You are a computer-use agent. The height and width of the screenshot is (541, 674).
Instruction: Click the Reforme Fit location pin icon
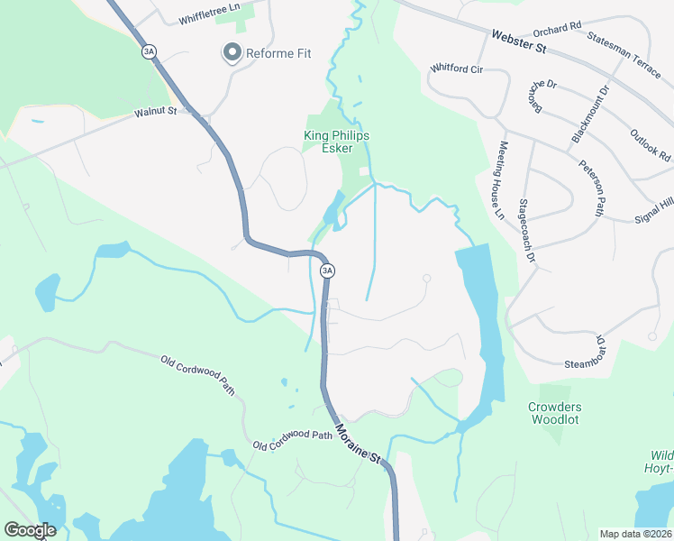[232, 54]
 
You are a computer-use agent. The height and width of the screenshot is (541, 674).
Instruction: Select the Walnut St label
[156, 115]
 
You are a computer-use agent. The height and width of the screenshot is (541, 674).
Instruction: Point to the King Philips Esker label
[336, 142]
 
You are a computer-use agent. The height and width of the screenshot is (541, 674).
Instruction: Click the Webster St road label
[520, 40]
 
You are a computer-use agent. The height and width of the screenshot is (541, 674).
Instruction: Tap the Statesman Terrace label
[623, 53]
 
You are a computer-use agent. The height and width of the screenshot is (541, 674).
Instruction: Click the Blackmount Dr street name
[591, 114]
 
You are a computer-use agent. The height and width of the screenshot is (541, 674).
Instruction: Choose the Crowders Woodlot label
[554, 413]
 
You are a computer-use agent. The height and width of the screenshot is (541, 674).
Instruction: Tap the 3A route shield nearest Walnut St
[149, 52]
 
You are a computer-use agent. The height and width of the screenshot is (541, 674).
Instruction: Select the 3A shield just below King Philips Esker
[327, 270]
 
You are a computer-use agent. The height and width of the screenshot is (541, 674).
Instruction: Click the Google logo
[30, 530]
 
